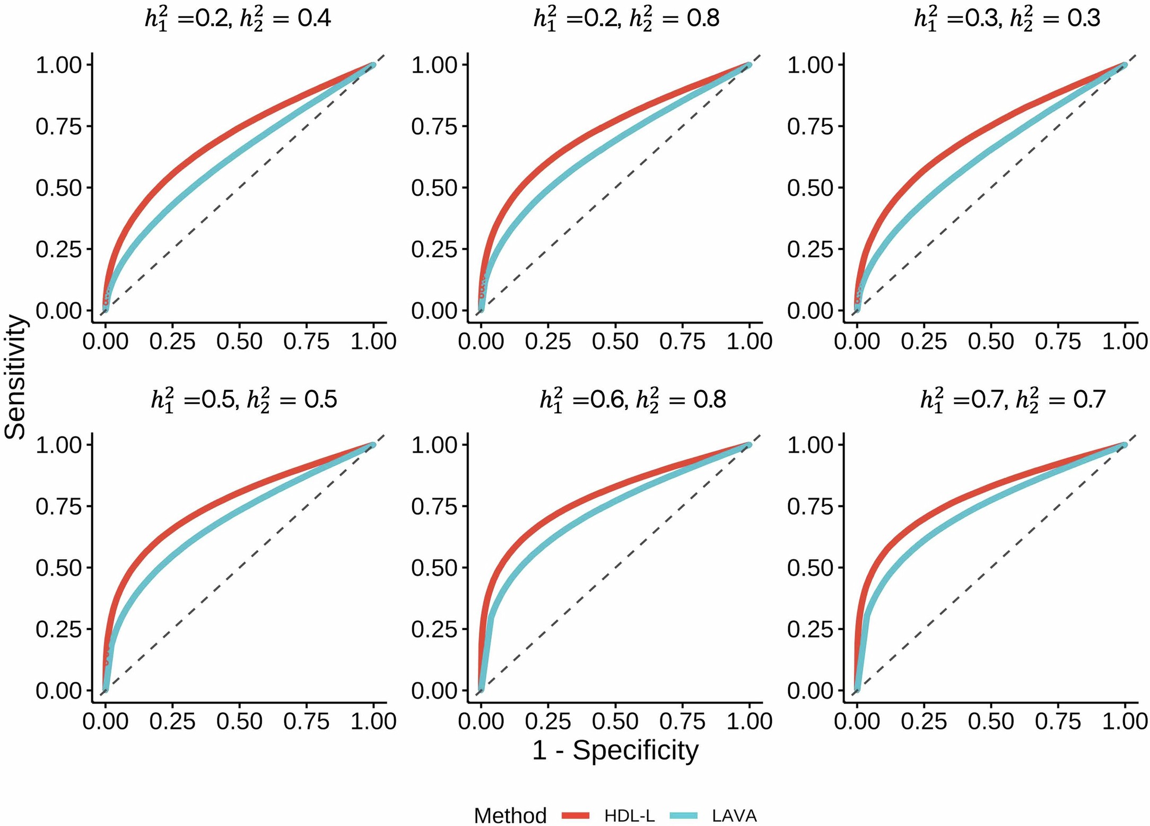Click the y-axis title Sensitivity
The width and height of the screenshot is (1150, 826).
[x=15, y=377]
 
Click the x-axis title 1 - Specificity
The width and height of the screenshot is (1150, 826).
[x=615, y=751]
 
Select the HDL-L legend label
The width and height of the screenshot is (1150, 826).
[x=629, y=815]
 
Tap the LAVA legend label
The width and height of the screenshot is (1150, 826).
[x=734, y=815]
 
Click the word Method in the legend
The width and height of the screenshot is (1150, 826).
[x=510, y=815]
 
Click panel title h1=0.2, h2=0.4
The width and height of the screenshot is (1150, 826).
[x=238, y=19]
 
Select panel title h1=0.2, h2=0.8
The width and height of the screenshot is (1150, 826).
[x=626, y=19]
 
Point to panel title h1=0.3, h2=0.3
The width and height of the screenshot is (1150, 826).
[x=1007, y=19]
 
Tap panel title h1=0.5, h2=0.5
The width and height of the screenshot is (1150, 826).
[x=244, y=399]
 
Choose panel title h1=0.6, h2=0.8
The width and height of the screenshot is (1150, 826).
[x=632, y=399]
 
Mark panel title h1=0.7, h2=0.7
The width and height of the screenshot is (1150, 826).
[x=1013, y=399]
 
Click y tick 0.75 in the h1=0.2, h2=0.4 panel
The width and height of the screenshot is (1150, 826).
[x=58, y=127]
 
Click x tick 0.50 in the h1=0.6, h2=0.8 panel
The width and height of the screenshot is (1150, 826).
[x=615, y=721]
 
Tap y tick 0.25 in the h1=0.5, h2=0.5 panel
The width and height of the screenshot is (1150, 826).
[x=58, y=630]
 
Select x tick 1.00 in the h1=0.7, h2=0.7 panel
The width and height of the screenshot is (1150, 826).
[x=1125, y=721]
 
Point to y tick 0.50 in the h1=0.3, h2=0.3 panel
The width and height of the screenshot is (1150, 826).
[x=810, y=188]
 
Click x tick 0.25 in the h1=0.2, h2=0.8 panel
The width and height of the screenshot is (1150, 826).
[x=548, y=341]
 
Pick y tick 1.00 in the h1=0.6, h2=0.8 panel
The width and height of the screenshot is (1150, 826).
[x=434, y=445]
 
